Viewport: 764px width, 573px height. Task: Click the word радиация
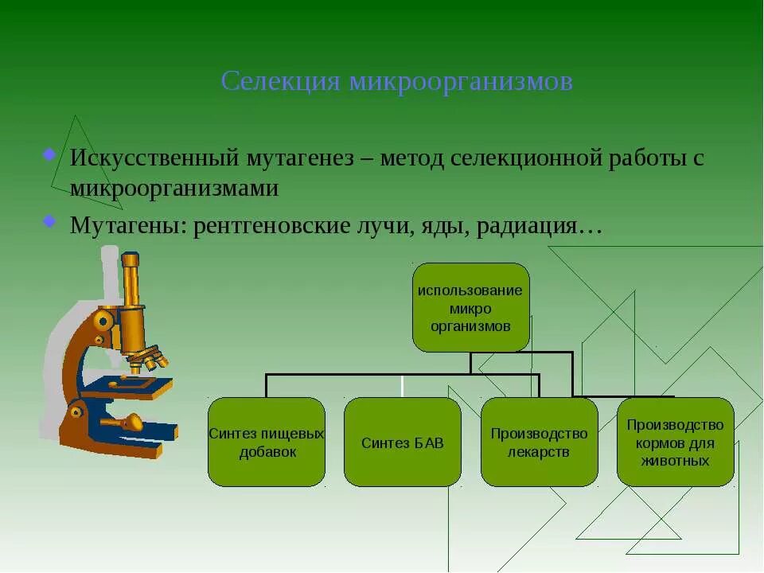[528, 225]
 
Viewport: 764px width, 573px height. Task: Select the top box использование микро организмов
[470, 307]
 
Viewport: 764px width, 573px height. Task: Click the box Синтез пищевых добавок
[267, 442]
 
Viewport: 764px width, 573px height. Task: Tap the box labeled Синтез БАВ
[402, 442]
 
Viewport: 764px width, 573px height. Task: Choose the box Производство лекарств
[539, 442]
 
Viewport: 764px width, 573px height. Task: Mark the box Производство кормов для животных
[675, 442]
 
